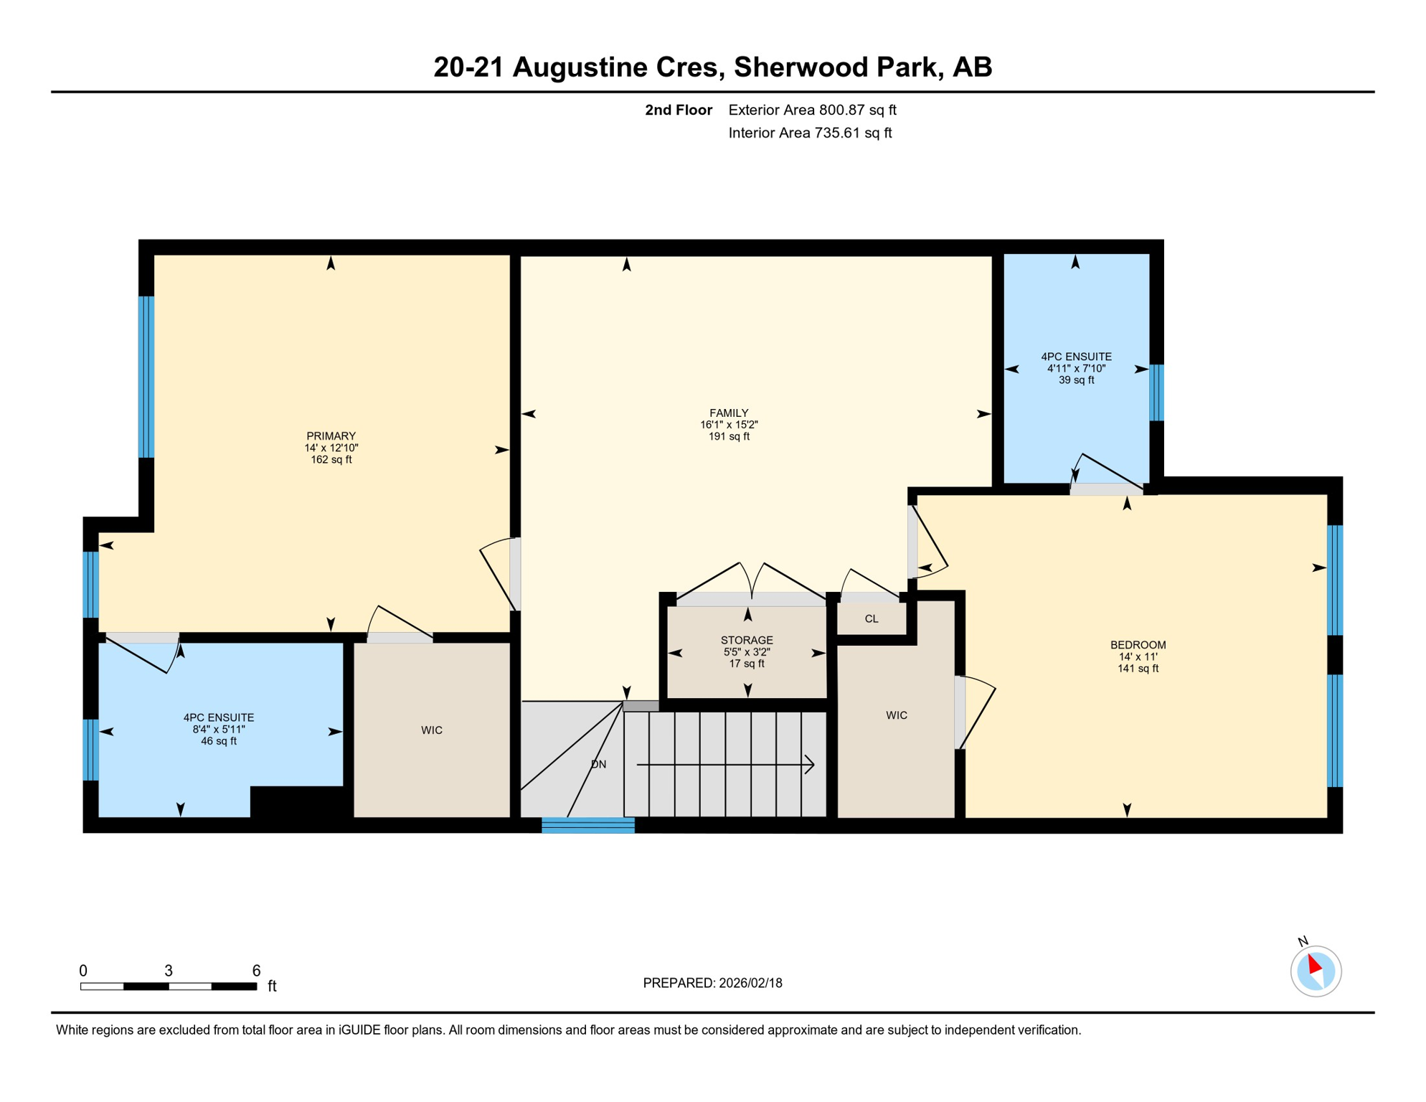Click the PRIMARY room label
click(331, 436)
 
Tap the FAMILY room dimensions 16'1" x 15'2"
click(729, 425)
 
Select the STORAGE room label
click(747, 640)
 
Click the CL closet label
click(872, 619)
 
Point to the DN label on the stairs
click(598, 765)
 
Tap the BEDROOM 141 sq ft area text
click(1138, 669)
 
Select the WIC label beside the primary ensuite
click(431, 730)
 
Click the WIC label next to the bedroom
click(897, 715)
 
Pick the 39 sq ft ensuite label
click(1076, 380)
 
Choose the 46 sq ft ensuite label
click(218, 741)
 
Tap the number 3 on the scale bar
click(169, 971)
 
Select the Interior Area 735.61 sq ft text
click(810, 133)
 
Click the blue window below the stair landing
click(588, 826)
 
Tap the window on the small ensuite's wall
click(1156, 392)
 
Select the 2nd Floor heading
click(678, 110)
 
